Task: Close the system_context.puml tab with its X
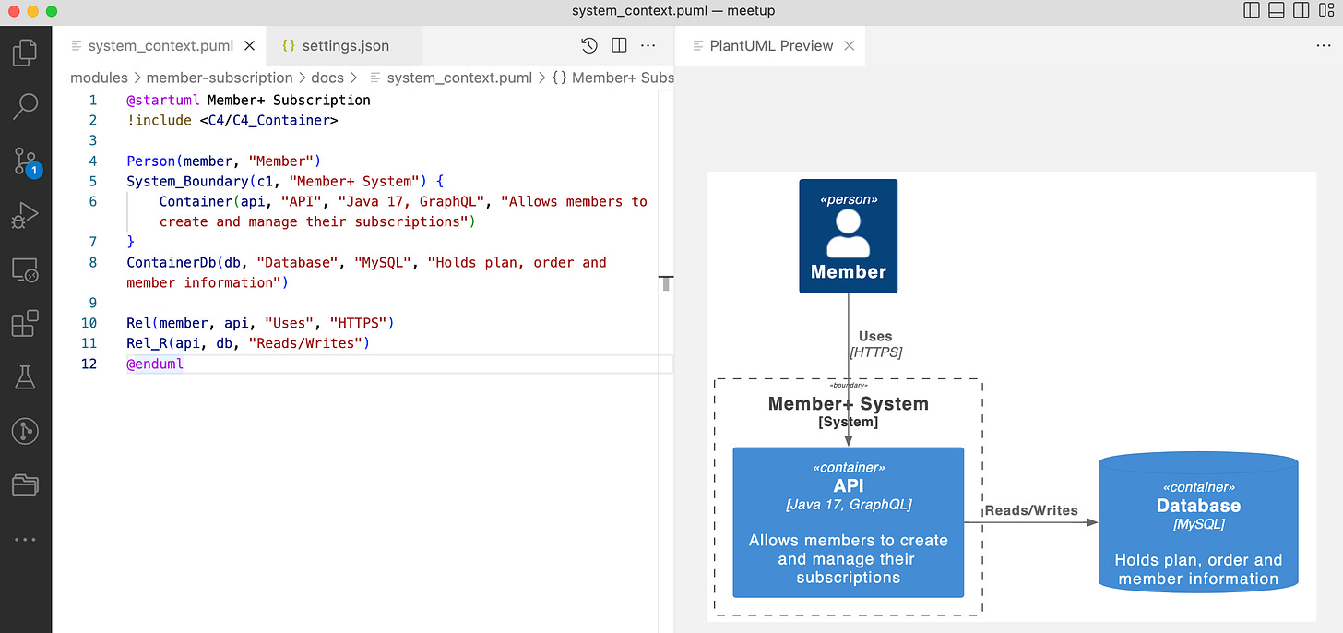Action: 249,45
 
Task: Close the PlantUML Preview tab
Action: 849,45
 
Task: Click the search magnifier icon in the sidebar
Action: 25,106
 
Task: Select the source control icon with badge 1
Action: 25,161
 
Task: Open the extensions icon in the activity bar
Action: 25,323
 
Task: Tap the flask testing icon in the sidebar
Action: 25,377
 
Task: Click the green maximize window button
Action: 52,11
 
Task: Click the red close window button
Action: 14,11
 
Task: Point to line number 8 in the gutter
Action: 93,262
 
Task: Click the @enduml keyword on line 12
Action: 155,364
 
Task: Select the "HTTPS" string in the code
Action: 358,323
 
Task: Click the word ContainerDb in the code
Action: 171,262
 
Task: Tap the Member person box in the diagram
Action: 848,236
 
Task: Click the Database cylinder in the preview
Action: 1198,521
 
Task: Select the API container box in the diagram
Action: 848,522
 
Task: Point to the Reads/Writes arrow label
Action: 1030,510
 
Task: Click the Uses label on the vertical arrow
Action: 874,336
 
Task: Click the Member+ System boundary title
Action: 848,403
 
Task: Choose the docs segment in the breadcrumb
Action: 327,78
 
